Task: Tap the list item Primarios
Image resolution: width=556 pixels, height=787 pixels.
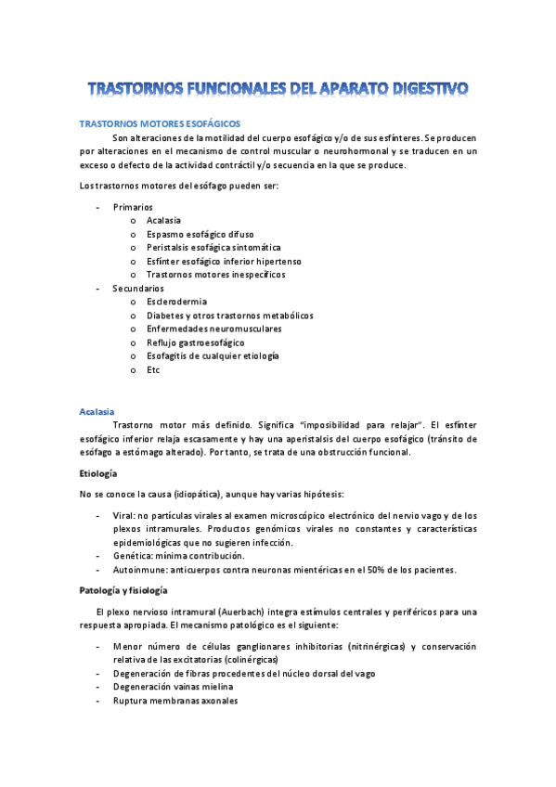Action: tap(133, 206)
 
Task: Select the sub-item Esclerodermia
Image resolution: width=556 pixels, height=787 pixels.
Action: tap(176, 302)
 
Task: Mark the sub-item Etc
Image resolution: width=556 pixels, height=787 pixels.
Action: tap(153, 369)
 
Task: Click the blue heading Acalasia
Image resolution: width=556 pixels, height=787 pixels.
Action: tap(97, 410)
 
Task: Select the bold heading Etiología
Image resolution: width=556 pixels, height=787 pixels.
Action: tap(99, 473)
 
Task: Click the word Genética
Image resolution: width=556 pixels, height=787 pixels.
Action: tap(133, 556)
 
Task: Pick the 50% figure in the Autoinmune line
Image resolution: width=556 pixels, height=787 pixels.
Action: tap(376, 569)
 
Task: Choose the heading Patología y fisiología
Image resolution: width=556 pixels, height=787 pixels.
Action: tap(129, 590)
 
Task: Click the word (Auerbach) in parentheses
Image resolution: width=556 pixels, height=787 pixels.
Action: tap(265, 612)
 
